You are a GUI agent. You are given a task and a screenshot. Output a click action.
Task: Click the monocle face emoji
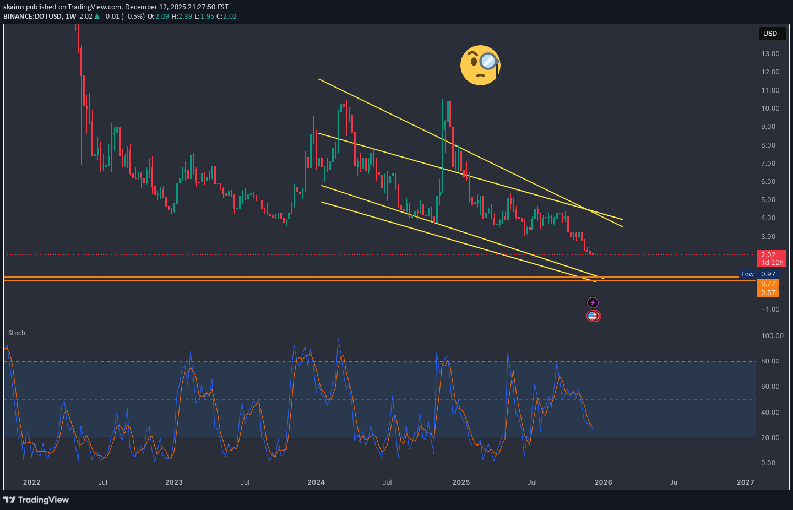(x=480, y=65)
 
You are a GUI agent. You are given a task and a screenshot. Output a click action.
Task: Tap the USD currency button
(x=770, y=34)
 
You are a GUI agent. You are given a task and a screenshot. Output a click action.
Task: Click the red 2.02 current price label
(x=768, y=255)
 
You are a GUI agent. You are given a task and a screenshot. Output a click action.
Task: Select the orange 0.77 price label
(x=768, y=284)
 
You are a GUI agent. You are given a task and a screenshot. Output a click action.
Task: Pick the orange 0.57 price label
(x=768, y=293)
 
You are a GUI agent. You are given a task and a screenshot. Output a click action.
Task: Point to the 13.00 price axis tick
(x=770, y=54)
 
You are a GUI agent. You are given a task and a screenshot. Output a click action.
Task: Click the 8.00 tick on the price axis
(x=768, y=145)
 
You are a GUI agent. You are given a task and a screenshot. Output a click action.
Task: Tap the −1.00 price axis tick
(x=770, y=310)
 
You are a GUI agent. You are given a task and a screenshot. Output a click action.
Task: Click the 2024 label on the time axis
(x=316, y=482)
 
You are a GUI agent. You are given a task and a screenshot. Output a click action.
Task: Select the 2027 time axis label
(x=746, y=482)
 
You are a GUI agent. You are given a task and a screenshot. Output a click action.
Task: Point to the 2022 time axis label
(x=32, y=482)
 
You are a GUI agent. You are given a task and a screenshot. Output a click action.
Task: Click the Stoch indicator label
(x=17, y=333)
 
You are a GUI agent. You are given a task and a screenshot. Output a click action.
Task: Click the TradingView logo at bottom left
(x=36, y=500)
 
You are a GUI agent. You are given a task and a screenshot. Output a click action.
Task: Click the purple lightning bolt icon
(x=593, y=302)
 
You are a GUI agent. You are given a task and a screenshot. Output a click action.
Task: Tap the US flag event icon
(x=593, y=316)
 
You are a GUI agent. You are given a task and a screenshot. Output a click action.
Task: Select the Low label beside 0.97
(x=747, y=274)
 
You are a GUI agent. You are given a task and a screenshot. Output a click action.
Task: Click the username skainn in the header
(x=13, y=7)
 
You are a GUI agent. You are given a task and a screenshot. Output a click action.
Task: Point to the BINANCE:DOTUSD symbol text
(x=32, y=17)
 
